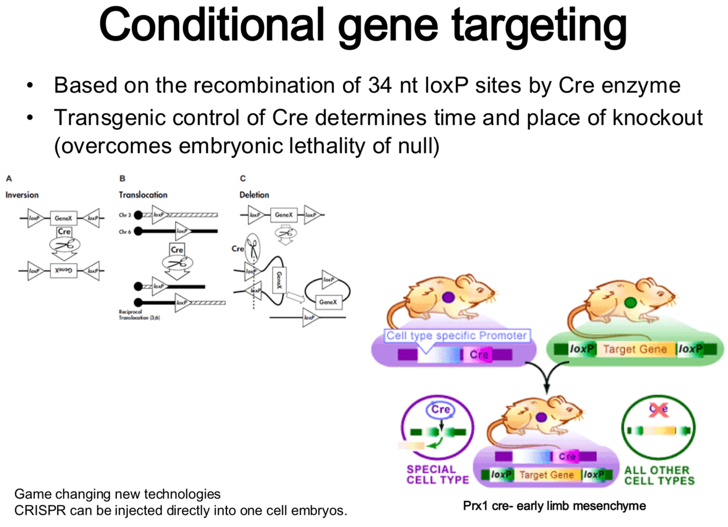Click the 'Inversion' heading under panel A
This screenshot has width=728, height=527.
click(22, 195)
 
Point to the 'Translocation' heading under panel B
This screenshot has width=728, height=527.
click(143, 195)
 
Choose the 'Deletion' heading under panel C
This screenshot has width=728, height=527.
click(254, 195)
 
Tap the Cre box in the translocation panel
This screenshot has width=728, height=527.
click(177, 250)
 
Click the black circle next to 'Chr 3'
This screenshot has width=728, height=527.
click(139, 215)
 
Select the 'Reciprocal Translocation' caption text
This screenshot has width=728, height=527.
click(139, 315)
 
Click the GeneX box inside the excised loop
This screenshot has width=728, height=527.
click(328, 302)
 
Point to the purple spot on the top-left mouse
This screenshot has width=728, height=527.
click(449, 297)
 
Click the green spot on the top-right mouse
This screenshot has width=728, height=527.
click(631, 302)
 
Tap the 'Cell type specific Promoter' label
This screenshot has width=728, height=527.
click(456, 336)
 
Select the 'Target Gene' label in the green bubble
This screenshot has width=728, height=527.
click(635, 349)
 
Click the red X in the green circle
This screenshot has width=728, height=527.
click(659, 409)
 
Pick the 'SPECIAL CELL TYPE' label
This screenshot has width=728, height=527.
click(437, 475)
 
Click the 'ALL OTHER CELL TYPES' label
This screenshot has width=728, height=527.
click(659, 475)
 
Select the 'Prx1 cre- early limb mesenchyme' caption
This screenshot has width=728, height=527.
click(554, 506)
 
